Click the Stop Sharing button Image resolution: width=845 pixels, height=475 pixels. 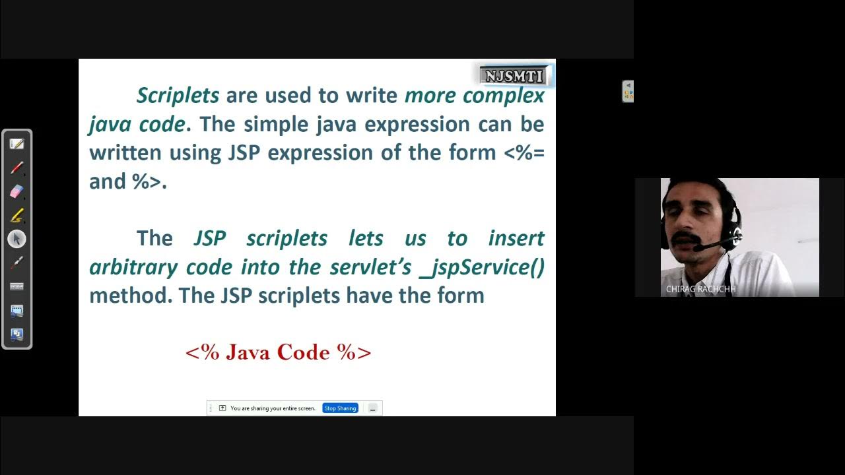click(x=340, y=408)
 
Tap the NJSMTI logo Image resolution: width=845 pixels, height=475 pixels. click(x=514, y=76)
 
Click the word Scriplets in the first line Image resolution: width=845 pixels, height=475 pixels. click(x=178, y=96)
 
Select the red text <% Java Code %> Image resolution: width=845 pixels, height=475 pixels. click(x=278, y=352)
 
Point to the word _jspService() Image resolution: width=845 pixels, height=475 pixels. click(x=482, y=267)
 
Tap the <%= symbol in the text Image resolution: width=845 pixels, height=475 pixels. click(x=524, y=153)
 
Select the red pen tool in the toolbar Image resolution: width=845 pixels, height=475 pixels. click(x=17, y=168)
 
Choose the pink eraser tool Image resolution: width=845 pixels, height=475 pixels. click(x=17, y=191)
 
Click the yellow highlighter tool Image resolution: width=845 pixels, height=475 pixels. click(x=17, y=215)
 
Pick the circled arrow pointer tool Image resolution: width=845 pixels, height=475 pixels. click(x=17, y=239)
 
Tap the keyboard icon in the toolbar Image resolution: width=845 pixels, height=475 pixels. click(x=17, y=286)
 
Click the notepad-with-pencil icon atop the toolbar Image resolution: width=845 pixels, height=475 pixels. click(x=17, y=144)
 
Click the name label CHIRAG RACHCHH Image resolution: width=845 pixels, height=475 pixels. click(x=700, y=289)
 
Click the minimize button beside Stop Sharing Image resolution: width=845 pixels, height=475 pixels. click(x=372, y=408)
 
